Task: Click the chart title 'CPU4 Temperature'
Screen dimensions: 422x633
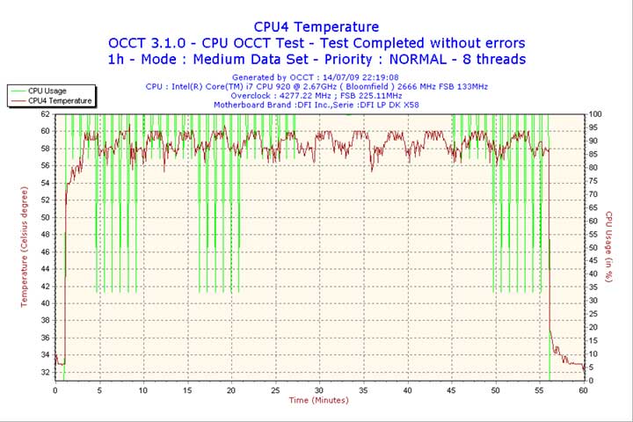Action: pos(316,27)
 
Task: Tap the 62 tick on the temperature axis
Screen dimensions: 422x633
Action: pos(46,114)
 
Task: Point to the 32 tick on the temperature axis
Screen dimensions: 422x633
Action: pos(46,372)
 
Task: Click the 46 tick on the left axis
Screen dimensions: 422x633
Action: pos(46,251)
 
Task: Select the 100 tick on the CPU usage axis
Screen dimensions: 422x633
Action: pos(595,114)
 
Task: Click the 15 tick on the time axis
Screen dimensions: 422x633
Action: pos(187,389)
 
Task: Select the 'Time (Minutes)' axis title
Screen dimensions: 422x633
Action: pos(318,401)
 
